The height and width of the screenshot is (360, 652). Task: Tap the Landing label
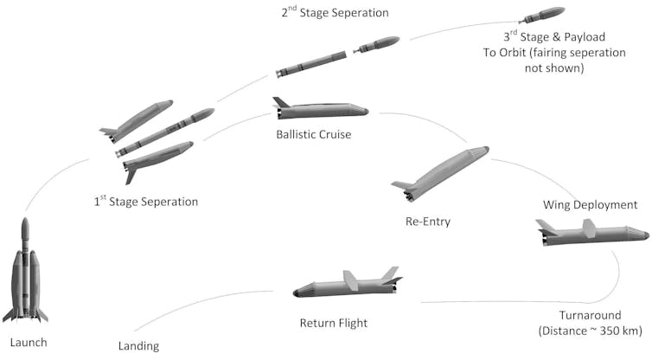click(138, 347)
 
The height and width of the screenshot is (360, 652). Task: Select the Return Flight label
click(333, 324)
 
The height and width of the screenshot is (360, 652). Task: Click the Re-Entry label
click(427, 222)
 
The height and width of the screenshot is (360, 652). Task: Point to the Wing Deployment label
click(591, 205)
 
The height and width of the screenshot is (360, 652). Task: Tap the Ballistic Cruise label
click(314, 135)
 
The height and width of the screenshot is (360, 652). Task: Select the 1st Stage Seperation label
click(146, 202)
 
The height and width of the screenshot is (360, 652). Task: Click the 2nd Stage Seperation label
click(334, 13)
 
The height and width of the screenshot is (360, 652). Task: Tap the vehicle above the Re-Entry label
click(441, 173)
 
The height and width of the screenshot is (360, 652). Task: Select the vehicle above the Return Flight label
click(347, 285)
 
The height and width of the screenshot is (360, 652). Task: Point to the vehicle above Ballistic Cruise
click(320, 110)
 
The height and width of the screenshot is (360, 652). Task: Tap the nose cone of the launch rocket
click(25, 228)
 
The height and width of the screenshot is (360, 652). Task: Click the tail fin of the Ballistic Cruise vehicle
click(280, 102)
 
